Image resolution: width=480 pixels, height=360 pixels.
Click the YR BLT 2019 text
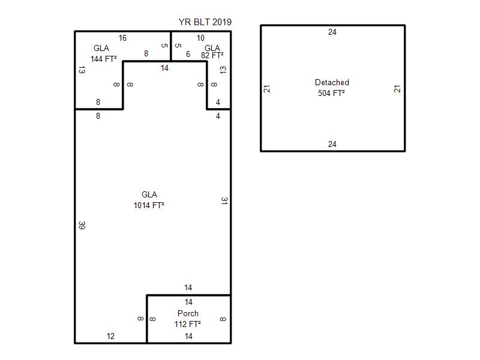tap(205, 22)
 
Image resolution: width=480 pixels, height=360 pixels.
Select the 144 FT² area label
tap(103, 58)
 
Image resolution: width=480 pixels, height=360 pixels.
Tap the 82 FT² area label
tap(212, 55)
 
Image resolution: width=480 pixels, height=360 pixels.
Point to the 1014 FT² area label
tap(149, 205)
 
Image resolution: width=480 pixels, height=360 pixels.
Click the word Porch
tap(188, 313)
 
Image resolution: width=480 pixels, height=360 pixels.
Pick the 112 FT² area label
tap(188, 324)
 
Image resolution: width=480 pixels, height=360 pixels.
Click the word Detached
tap(332, 82)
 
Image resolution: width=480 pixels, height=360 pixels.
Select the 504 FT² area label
tap(331, 93)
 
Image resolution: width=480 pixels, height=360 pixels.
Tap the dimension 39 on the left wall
tap(82, 226)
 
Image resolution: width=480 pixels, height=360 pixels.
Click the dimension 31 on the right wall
tap(224, 201)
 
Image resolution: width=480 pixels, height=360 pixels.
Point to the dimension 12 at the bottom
tap(110, 336)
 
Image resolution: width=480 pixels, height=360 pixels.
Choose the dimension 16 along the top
tap(122, 38)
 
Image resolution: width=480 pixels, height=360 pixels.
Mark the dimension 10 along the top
tap(200, 38)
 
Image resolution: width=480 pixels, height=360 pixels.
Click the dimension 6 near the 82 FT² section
tap(188, 54)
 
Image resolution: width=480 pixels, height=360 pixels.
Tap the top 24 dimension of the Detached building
tap(332, 32)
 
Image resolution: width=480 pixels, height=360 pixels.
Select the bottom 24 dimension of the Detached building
tap(332, 144)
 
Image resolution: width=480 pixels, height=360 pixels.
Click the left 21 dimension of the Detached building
tap(267, 89)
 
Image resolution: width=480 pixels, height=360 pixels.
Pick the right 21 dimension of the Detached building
tap(397, 89)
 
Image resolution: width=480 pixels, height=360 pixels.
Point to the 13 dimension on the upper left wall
tap(82, 70)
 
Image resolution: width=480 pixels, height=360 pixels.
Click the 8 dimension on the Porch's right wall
tap(223, 319)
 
